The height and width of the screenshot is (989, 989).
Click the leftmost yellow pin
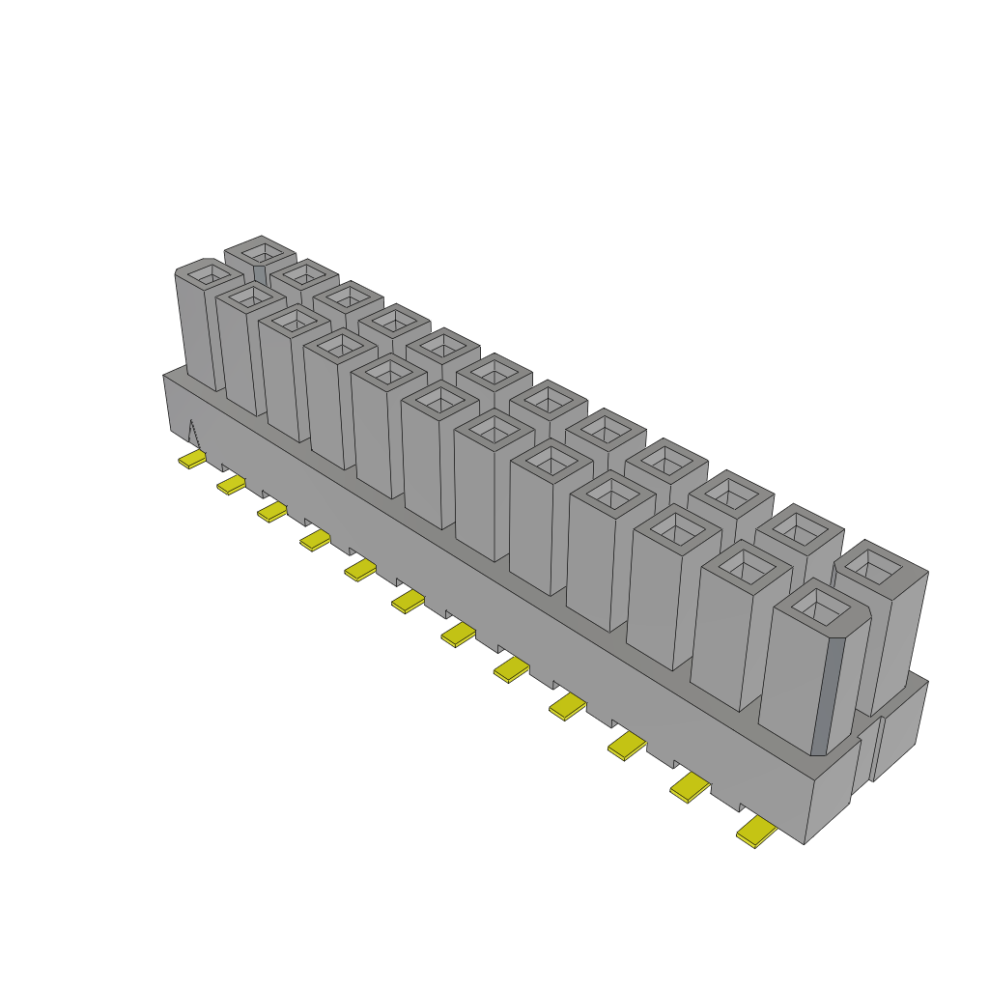click(192, 460)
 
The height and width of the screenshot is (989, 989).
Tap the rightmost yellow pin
click(757, 832)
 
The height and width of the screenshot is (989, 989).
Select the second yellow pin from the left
click(231, 484)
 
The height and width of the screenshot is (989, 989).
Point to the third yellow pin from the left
click(271, 511)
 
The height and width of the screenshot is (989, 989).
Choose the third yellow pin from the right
click(628, 745)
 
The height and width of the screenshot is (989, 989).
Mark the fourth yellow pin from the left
click(315, 540)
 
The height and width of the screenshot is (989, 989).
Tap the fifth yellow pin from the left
click(360, 571)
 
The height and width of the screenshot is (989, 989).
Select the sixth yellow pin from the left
click(408, 603)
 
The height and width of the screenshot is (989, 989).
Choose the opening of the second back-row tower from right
click(799, 526)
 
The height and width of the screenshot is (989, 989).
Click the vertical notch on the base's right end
click(876, 749)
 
